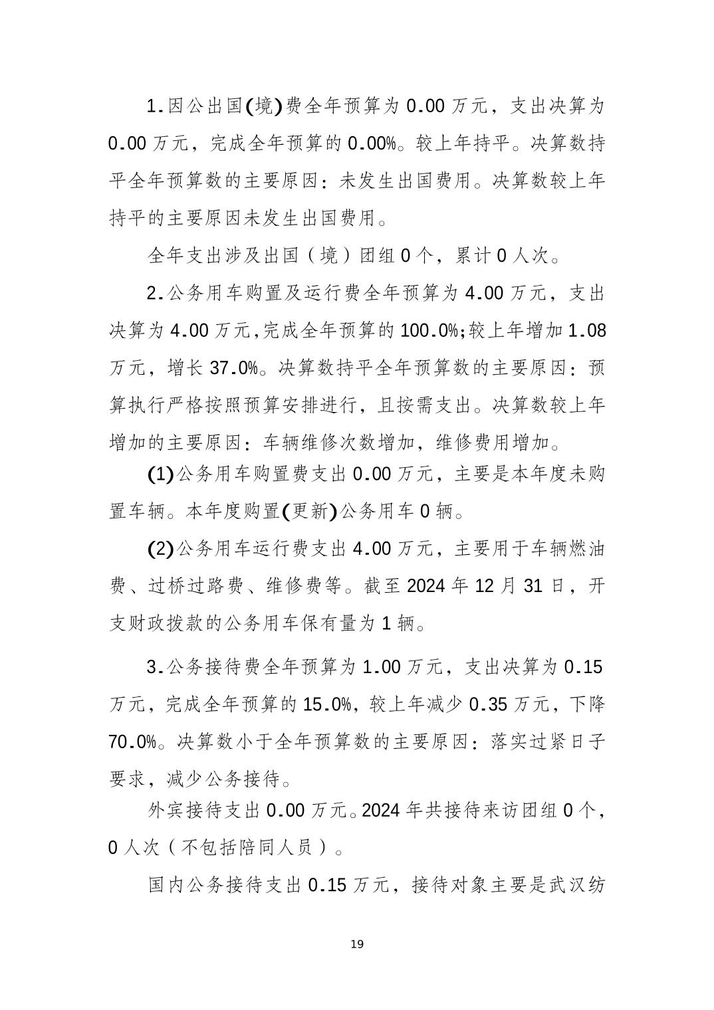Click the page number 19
coord(357,944)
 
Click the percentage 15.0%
coord(327,704)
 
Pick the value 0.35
coord(494,704)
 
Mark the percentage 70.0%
coord(133,742)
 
